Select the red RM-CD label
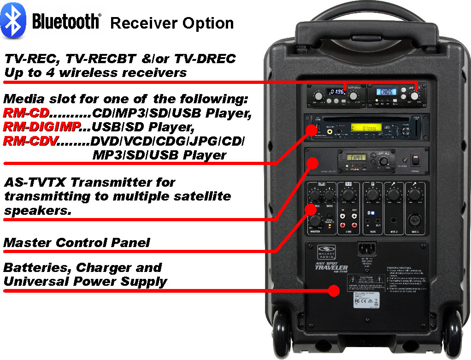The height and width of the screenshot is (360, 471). (x=26, y=113)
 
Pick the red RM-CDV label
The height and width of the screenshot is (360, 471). (x=29, y=141)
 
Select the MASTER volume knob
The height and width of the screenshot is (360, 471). (x=315, y=220)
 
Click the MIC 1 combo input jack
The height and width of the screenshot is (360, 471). (x=414, y=220)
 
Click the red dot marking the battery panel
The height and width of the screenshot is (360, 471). (x=333, y=290)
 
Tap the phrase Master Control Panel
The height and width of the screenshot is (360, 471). (x=77, y=242)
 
